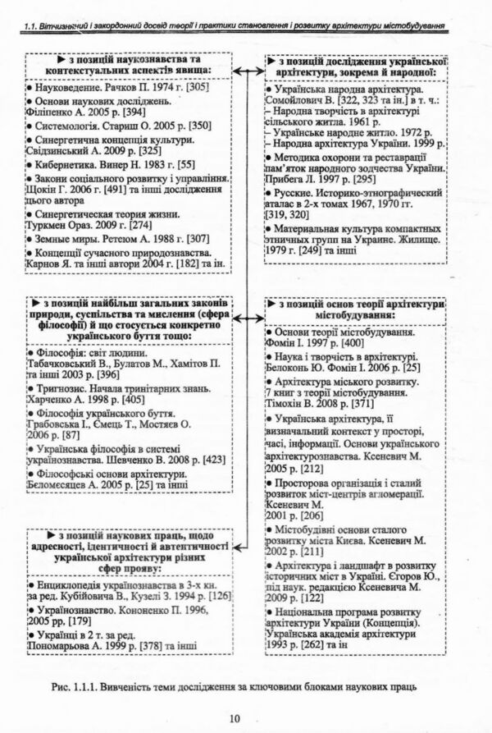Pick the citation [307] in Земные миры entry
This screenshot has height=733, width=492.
[x=201, y=238]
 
